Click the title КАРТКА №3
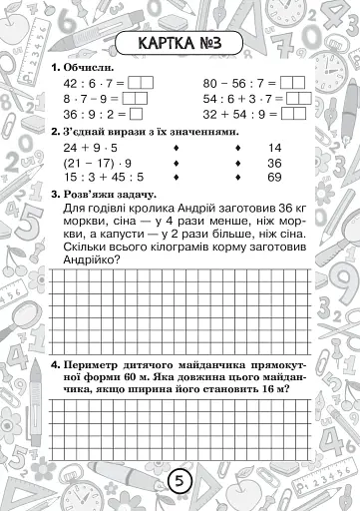pyautogui.click(x=180, y=45)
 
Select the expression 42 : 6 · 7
pyautogui.click(x=88, y=84)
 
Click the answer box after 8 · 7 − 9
pyautogui.click(x=138, y=99)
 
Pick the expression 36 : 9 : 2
pyautogui.click(x=88, y=114)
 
